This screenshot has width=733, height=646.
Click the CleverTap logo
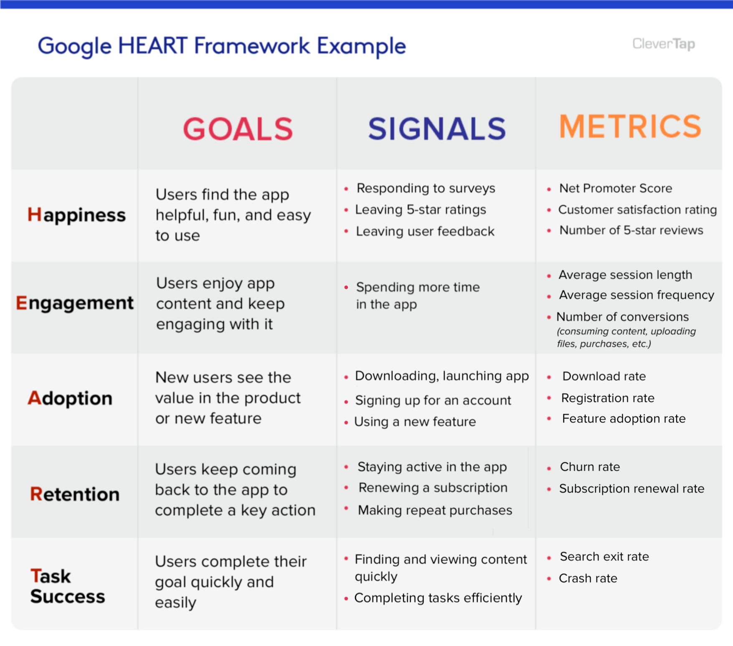(x=663, y=44)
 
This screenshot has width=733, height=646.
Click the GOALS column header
(x=238, y=129)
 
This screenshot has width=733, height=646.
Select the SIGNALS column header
(x=436, y=129)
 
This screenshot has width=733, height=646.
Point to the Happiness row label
(x=76, y=215)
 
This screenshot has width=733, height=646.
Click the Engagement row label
(x=75, y=303)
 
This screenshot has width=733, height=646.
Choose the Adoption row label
(x=70, y=399)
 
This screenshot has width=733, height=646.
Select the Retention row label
(x=75, y=495)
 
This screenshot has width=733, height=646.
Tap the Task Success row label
(x=67, y=586)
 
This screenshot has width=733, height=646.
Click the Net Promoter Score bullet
(x=615, y=189)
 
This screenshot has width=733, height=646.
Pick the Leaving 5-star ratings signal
(x=420, y=210)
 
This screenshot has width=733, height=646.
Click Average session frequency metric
(x=636, y=295)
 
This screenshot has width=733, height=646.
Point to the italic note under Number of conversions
(x=626, y=338)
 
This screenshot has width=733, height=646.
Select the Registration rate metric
(x=607, y=399)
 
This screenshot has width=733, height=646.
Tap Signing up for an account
(x=433, y=401)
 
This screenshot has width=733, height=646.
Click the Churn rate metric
(x=589, y=467)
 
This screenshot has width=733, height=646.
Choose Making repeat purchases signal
(x=434, y=510)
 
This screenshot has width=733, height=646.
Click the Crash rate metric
(x=588, y=579)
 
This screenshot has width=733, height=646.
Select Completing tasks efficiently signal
(x=438, y=598)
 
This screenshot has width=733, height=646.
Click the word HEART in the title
(x=152, y=46)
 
